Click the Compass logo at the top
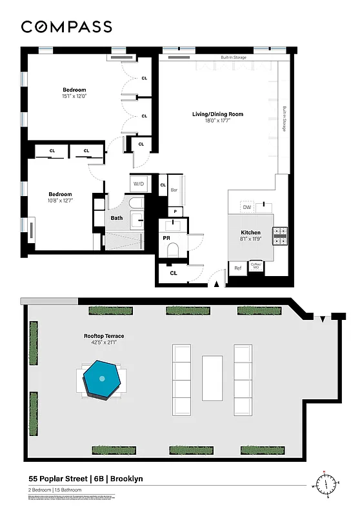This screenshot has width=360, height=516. [x=66, y=26]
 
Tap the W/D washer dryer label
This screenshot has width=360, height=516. [x=139, y=184]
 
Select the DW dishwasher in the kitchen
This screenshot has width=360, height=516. [x=246, y=206]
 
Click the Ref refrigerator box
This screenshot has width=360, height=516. [x=237, y=268]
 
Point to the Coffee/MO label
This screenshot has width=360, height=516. [x=255, y=266]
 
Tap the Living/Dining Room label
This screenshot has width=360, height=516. [x=217, y=114]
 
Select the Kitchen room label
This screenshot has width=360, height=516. [x=250, y=232]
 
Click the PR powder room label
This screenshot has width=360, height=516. [x=166, y=238]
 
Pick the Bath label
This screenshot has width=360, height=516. [x=116, y=218]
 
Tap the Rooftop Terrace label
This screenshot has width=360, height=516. [x=104, y=335]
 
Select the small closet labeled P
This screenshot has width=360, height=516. [x=174, y=211]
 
